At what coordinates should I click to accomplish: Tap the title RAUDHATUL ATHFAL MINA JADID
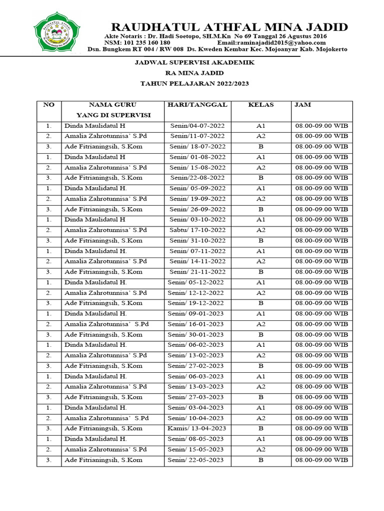coord(229,27)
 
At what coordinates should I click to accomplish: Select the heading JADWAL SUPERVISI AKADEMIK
coord(195,62)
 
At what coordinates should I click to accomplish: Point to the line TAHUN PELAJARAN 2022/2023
coord(195,83)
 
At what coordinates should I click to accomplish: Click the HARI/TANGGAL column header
coord(197,105)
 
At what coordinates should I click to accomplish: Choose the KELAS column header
coord(260,105)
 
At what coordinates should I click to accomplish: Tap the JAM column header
coord(303,105)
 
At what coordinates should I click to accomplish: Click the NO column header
coord(48,105)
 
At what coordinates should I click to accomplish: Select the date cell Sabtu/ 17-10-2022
coord(197,230)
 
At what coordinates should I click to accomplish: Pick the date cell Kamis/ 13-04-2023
coord(197,428)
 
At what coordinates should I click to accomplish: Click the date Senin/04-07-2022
coord(197,126)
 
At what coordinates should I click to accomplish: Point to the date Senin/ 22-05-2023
coord(196,460)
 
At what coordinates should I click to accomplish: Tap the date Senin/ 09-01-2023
coord(196,313)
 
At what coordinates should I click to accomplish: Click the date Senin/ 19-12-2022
coord(196,303)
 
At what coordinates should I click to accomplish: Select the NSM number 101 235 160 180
coord(137,43)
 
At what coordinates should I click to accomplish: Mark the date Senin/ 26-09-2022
coord(197,209)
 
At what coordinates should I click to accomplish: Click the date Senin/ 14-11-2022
coord(197,261)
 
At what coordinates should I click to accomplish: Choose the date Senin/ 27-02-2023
coord(196,366)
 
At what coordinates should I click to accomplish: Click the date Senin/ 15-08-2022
coord(197,167)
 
